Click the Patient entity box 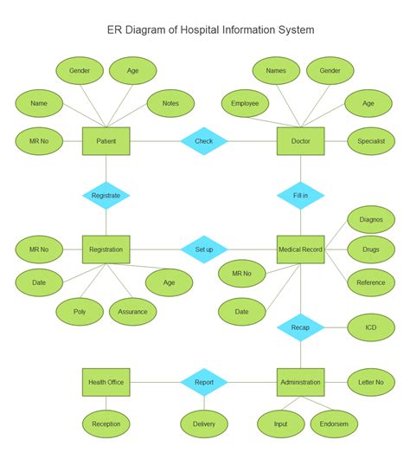(106, 141)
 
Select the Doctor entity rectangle (300, 141)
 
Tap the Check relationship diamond (203, 141)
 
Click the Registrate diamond (106, 196)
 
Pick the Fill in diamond (300, 196)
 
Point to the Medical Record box (300, 250)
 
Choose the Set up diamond (203, 250)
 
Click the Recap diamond (300, 327)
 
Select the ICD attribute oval (371, 327)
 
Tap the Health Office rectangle (106, 381)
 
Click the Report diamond (203, 381)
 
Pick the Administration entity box (300, 381)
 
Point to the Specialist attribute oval (371, 141)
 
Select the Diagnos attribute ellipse (371, 219)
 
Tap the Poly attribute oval (80, 312)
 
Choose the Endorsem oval (333, 424)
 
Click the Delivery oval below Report (203, 424)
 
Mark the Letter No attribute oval (371, 381)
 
